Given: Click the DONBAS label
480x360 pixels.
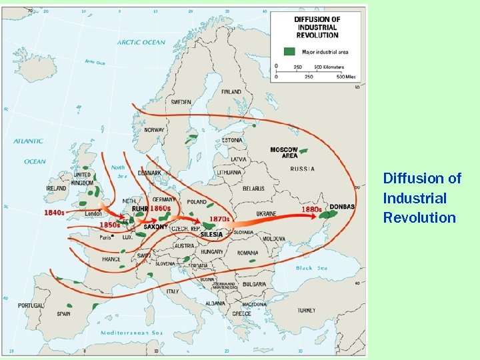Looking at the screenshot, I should [342, 207].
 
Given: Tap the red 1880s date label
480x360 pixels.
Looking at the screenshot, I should [311, 209].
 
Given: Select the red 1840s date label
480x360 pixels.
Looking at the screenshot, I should [55, 213].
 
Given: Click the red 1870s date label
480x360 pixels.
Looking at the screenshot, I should [219, 219].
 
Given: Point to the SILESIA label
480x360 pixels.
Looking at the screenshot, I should [211, 235].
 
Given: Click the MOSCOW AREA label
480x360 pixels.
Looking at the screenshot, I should [284, 153].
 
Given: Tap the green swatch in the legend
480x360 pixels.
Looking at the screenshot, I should [289, 51].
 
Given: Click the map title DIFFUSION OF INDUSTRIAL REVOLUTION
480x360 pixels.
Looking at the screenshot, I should [317, 27].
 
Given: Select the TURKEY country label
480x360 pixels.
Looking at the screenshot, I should [307, 310].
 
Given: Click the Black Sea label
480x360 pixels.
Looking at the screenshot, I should [313, 268].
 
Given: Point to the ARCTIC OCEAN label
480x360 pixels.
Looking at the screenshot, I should [141, 43].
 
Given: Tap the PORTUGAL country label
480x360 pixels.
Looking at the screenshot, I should [31, 305].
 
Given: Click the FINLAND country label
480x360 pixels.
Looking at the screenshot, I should [231, 91].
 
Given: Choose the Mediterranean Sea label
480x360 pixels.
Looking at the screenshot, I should [132, 333].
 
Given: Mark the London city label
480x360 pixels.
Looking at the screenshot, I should [93, 214].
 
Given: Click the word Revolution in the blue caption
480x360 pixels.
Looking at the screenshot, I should [419, 218].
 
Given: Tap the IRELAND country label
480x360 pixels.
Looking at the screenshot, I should [56, 189].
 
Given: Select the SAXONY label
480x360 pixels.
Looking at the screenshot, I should [156, 227].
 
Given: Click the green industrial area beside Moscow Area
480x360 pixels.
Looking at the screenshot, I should [304, 151].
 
